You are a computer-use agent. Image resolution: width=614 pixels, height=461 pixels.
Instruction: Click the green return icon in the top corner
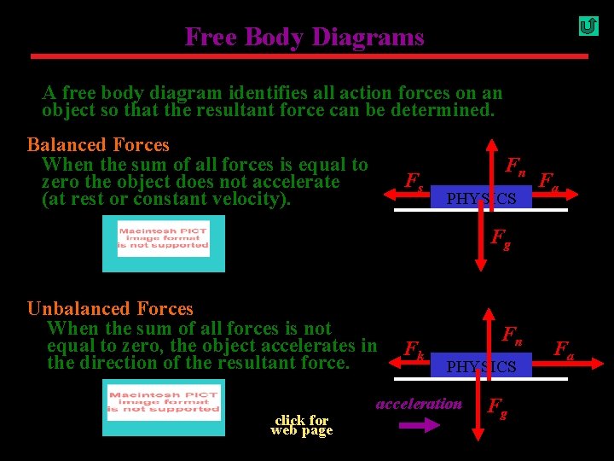click(588, 26)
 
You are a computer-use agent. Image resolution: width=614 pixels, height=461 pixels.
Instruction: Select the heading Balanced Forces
click(98, 145)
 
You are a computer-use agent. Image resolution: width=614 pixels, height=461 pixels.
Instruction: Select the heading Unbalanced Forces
click(110, 309)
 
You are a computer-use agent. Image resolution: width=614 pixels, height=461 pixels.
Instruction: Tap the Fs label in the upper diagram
click(414, 182)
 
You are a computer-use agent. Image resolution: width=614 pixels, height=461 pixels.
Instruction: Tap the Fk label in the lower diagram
click(414, 349)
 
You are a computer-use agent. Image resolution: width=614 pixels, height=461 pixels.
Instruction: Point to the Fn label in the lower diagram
click(512, 334)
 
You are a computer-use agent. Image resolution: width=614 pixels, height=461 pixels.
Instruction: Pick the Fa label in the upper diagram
click(548, 181)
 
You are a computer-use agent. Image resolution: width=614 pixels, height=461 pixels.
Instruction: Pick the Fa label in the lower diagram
click(564, 349)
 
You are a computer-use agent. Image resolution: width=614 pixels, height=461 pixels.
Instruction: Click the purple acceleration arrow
click(420, 426)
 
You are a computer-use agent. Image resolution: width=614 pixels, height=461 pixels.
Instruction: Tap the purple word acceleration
click(419, 404)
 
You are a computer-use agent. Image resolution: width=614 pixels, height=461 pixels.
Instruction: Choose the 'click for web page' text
click(301, 424)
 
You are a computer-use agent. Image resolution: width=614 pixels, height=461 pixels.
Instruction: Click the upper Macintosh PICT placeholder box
click(163, 243)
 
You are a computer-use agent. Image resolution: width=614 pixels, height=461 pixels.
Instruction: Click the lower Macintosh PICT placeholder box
click(164, 408)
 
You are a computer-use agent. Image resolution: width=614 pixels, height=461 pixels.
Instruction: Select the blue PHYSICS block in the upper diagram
click(481, 198)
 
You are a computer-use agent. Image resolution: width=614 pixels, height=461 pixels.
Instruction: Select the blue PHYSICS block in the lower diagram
click(481, 366)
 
